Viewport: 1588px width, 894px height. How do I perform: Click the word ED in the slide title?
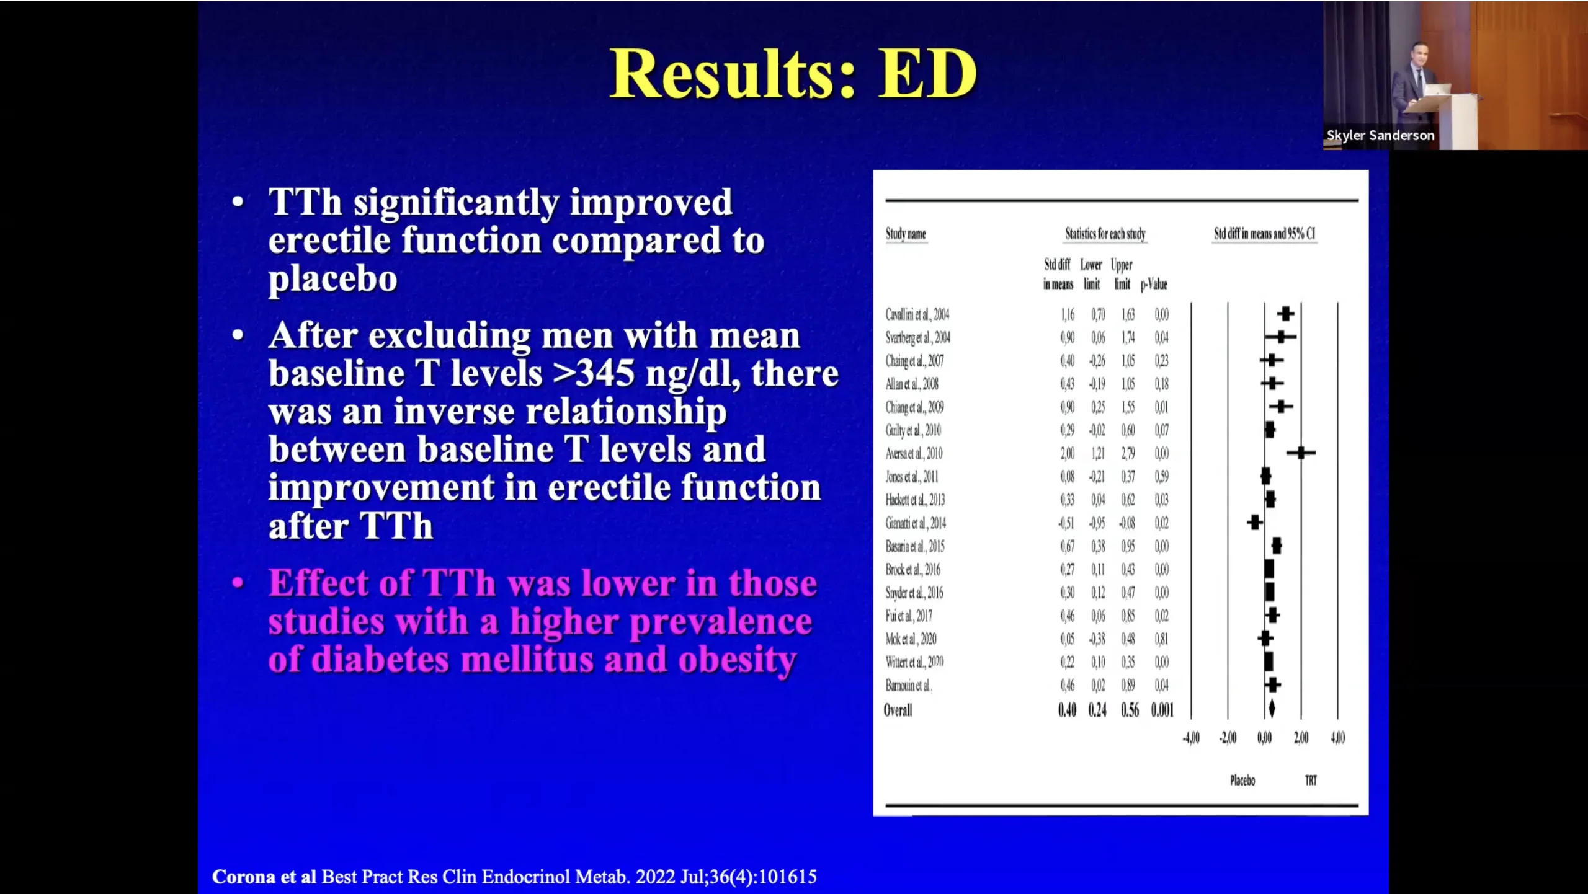pos(927,74)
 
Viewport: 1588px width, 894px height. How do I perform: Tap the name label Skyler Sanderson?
pos(1380,135)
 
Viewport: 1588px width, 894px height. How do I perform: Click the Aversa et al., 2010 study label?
pos(914,454)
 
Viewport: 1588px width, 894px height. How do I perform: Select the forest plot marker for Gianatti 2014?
pos(1255,523)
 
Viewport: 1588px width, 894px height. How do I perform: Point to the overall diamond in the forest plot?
pos(1272,709)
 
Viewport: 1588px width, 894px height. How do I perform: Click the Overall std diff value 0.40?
pos(1067,710)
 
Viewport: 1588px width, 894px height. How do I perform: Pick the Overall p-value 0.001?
pos(1162,710)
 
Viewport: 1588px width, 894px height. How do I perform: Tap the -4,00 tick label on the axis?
pos(1191,738)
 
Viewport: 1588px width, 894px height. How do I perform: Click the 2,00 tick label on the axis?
pos(1301,738)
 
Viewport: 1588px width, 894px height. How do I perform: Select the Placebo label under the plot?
pos(1242,781)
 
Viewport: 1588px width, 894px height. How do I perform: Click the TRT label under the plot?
pos(1311,781)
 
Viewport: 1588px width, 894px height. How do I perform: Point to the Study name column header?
pos(906,234)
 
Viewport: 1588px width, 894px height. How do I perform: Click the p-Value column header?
pos(1154,285)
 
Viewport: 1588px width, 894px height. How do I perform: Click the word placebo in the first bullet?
pos(332,279)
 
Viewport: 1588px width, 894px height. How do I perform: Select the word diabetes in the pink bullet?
pos(380,660)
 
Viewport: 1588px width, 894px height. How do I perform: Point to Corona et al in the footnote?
pos(264,877)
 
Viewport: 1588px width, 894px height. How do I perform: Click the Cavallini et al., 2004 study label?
pos(917,314)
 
